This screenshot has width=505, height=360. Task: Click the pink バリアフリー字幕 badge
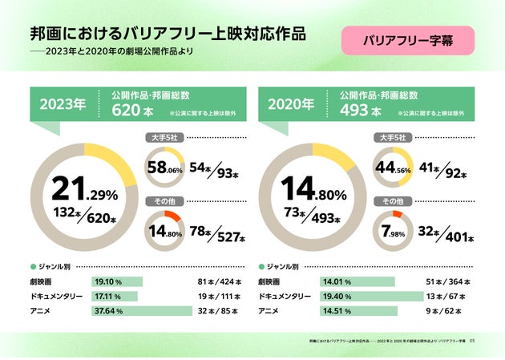[408, 39]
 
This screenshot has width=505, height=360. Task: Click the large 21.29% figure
[84, 190]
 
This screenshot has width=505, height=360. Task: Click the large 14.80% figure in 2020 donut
[313, 190]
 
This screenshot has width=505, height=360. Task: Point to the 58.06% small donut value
[165, 169]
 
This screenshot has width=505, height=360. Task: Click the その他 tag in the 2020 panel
[393, 200]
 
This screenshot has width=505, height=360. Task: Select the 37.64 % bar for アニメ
[142, 310]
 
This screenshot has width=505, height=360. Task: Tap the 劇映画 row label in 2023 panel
[41, 282]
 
